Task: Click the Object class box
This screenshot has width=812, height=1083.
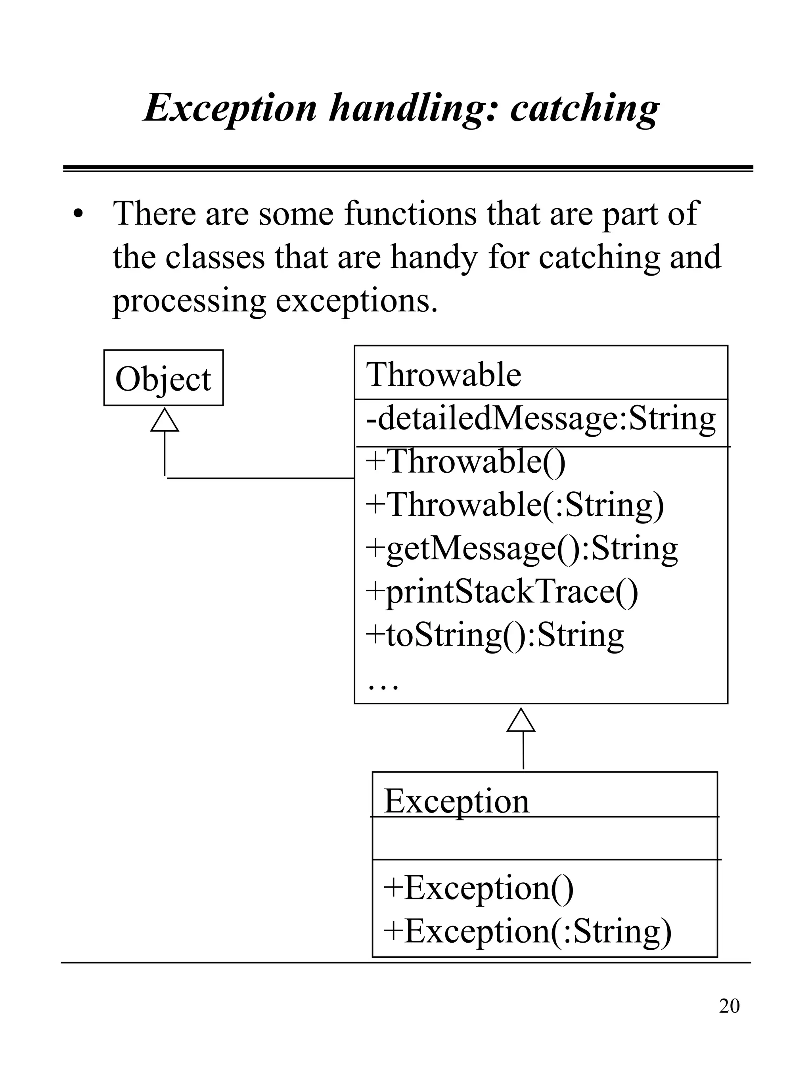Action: pos(163,378)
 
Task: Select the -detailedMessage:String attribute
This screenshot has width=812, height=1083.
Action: pos(540,419)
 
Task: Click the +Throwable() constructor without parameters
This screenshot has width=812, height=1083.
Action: pos(465,462)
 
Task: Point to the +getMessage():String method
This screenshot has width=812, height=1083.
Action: pos(522,548)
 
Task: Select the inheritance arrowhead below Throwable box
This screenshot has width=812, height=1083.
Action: pos(521,720)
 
